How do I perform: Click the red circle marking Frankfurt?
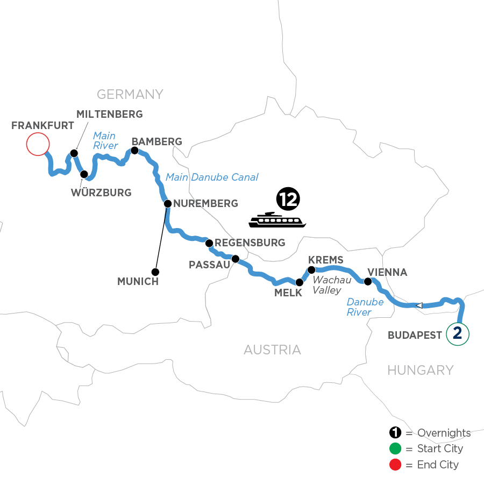[38, 145]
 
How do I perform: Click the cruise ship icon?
[277, 220]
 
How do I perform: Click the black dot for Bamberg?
[135, 151]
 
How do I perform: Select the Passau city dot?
[235, 259]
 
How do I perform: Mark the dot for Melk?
[300, 282]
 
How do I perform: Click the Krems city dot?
[311, 270]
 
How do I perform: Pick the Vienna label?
[387, 272]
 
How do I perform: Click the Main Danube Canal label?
[212, 177]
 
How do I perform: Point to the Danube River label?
[365, 307]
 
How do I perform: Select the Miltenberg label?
[110, 114]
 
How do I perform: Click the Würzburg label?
[101, 193]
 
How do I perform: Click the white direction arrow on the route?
[419, 305]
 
